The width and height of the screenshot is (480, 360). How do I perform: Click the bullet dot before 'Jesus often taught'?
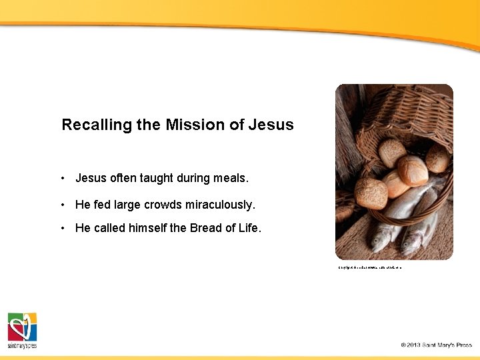(61, 179)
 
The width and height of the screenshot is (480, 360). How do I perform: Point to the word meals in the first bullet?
(230, 178)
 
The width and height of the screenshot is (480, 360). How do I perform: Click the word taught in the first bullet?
(158, 178)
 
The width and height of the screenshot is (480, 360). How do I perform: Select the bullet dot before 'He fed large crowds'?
(61, 205)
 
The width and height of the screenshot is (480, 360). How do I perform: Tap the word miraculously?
(223, 204)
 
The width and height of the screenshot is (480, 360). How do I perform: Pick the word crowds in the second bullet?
(167, 204)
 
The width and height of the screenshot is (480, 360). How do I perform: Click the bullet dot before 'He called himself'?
(61, 229)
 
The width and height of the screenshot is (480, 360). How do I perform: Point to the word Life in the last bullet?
(249, 228)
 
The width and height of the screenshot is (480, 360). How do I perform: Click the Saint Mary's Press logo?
(22, 330)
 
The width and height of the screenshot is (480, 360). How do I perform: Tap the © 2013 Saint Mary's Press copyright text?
(436, 345)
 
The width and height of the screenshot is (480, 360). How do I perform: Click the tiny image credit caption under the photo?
(369, 267)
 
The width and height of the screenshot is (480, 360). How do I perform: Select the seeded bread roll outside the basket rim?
(371, 193)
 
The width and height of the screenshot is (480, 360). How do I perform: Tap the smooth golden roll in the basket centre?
(412, 170)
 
